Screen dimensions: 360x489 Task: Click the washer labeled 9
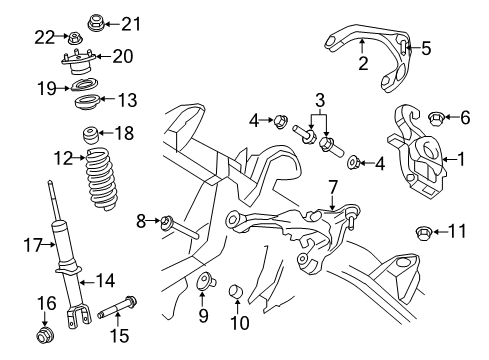coord(203,282)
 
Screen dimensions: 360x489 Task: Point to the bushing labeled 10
coord(237,291)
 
